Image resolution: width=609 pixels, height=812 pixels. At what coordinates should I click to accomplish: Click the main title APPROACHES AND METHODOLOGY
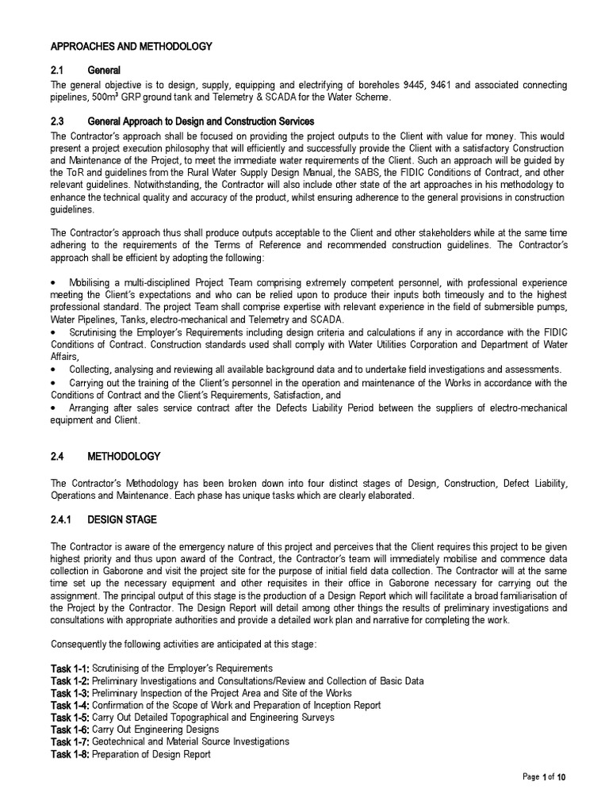tap(132, 47)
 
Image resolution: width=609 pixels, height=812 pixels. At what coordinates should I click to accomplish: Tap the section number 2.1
tap(61, 71)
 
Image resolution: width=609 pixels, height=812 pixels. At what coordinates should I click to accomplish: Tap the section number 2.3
tap(61, 121)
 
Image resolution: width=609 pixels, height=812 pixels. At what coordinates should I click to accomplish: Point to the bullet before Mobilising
tap(55, 283)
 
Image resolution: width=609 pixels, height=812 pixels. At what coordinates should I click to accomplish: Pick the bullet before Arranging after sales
tap(55, 408)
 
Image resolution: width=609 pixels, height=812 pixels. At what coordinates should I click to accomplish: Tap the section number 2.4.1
tap(64, 520)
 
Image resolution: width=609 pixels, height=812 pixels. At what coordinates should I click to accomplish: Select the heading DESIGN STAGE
tap(122, 520)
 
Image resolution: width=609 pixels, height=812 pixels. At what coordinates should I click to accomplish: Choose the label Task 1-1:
tap(71, 668)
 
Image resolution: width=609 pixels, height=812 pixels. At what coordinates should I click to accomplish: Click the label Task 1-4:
tap(71, 705)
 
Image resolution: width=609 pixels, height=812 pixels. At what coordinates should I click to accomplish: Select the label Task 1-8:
tap(71, 754)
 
